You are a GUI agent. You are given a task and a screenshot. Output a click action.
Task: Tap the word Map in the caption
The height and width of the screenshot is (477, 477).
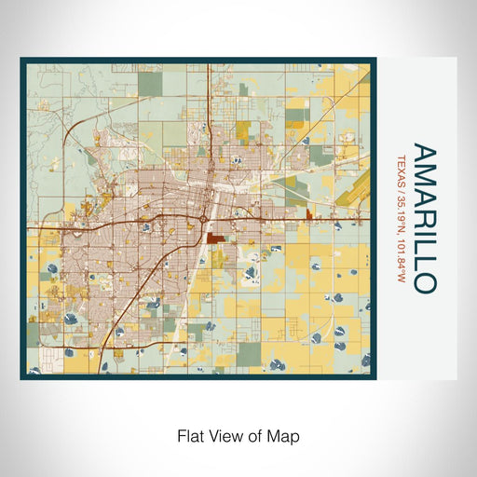[285, 435]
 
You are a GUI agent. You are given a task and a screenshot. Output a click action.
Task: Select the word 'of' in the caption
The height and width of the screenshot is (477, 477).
[252, 435]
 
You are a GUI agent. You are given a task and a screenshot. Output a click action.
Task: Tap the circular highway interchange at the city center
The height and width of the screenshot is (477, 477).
[203, 220]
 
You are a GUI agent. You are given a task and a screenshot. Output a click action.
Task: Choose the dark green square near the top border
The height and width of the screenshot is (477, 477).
[150, 83]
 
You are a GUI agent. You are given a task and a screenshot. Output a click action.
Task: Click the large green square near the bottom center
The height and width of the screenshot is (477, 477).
[250, 354]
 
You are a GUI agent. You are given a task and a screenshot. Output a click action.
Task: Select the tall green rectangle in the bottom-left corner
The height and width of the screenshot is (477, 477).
[33, 334]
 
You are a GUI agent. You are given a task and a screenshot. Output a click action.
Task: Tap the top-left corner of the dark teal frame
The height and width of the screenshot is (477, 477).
[21, 60]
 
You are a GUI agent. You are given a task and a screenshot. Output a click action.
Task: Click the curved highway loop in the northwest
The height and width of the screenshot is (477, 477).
[79, 140]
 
